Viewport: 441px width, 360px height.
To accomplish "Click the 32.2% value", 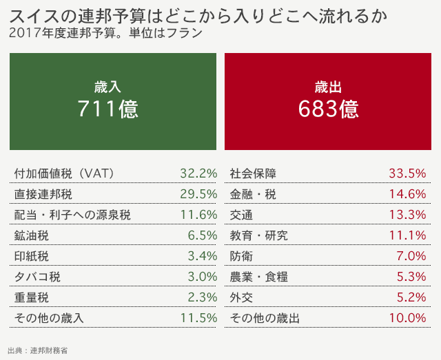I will (198, 173).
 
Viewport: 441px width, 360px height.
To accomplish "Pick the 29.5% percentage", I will (198, 193).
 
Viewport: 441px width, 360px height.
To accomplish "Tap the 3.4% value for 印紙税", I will (203, 256).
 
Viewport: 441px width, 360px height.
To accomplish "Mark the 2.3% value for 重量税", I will (203, 297).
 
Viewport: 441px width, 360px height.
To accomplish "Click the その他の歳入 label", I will (48, 318).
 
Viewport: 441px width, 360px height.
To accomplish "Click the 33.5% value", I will (407, 173).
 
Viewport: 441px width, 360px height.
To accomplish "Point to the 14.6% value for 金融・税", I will (407, 193).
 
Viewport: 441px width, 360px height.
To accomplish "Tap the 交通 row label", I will (241, 215).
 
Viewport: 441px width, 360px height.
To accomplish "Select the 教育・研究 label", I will (258, 235).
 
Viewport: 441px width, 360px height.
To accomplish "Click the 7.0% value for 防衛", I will (411, 256).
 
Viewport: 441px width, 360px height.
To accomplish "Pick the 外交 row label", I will (241, 297).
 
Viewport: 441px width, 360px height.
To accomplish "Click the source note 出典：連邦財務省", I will (38, 350).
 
